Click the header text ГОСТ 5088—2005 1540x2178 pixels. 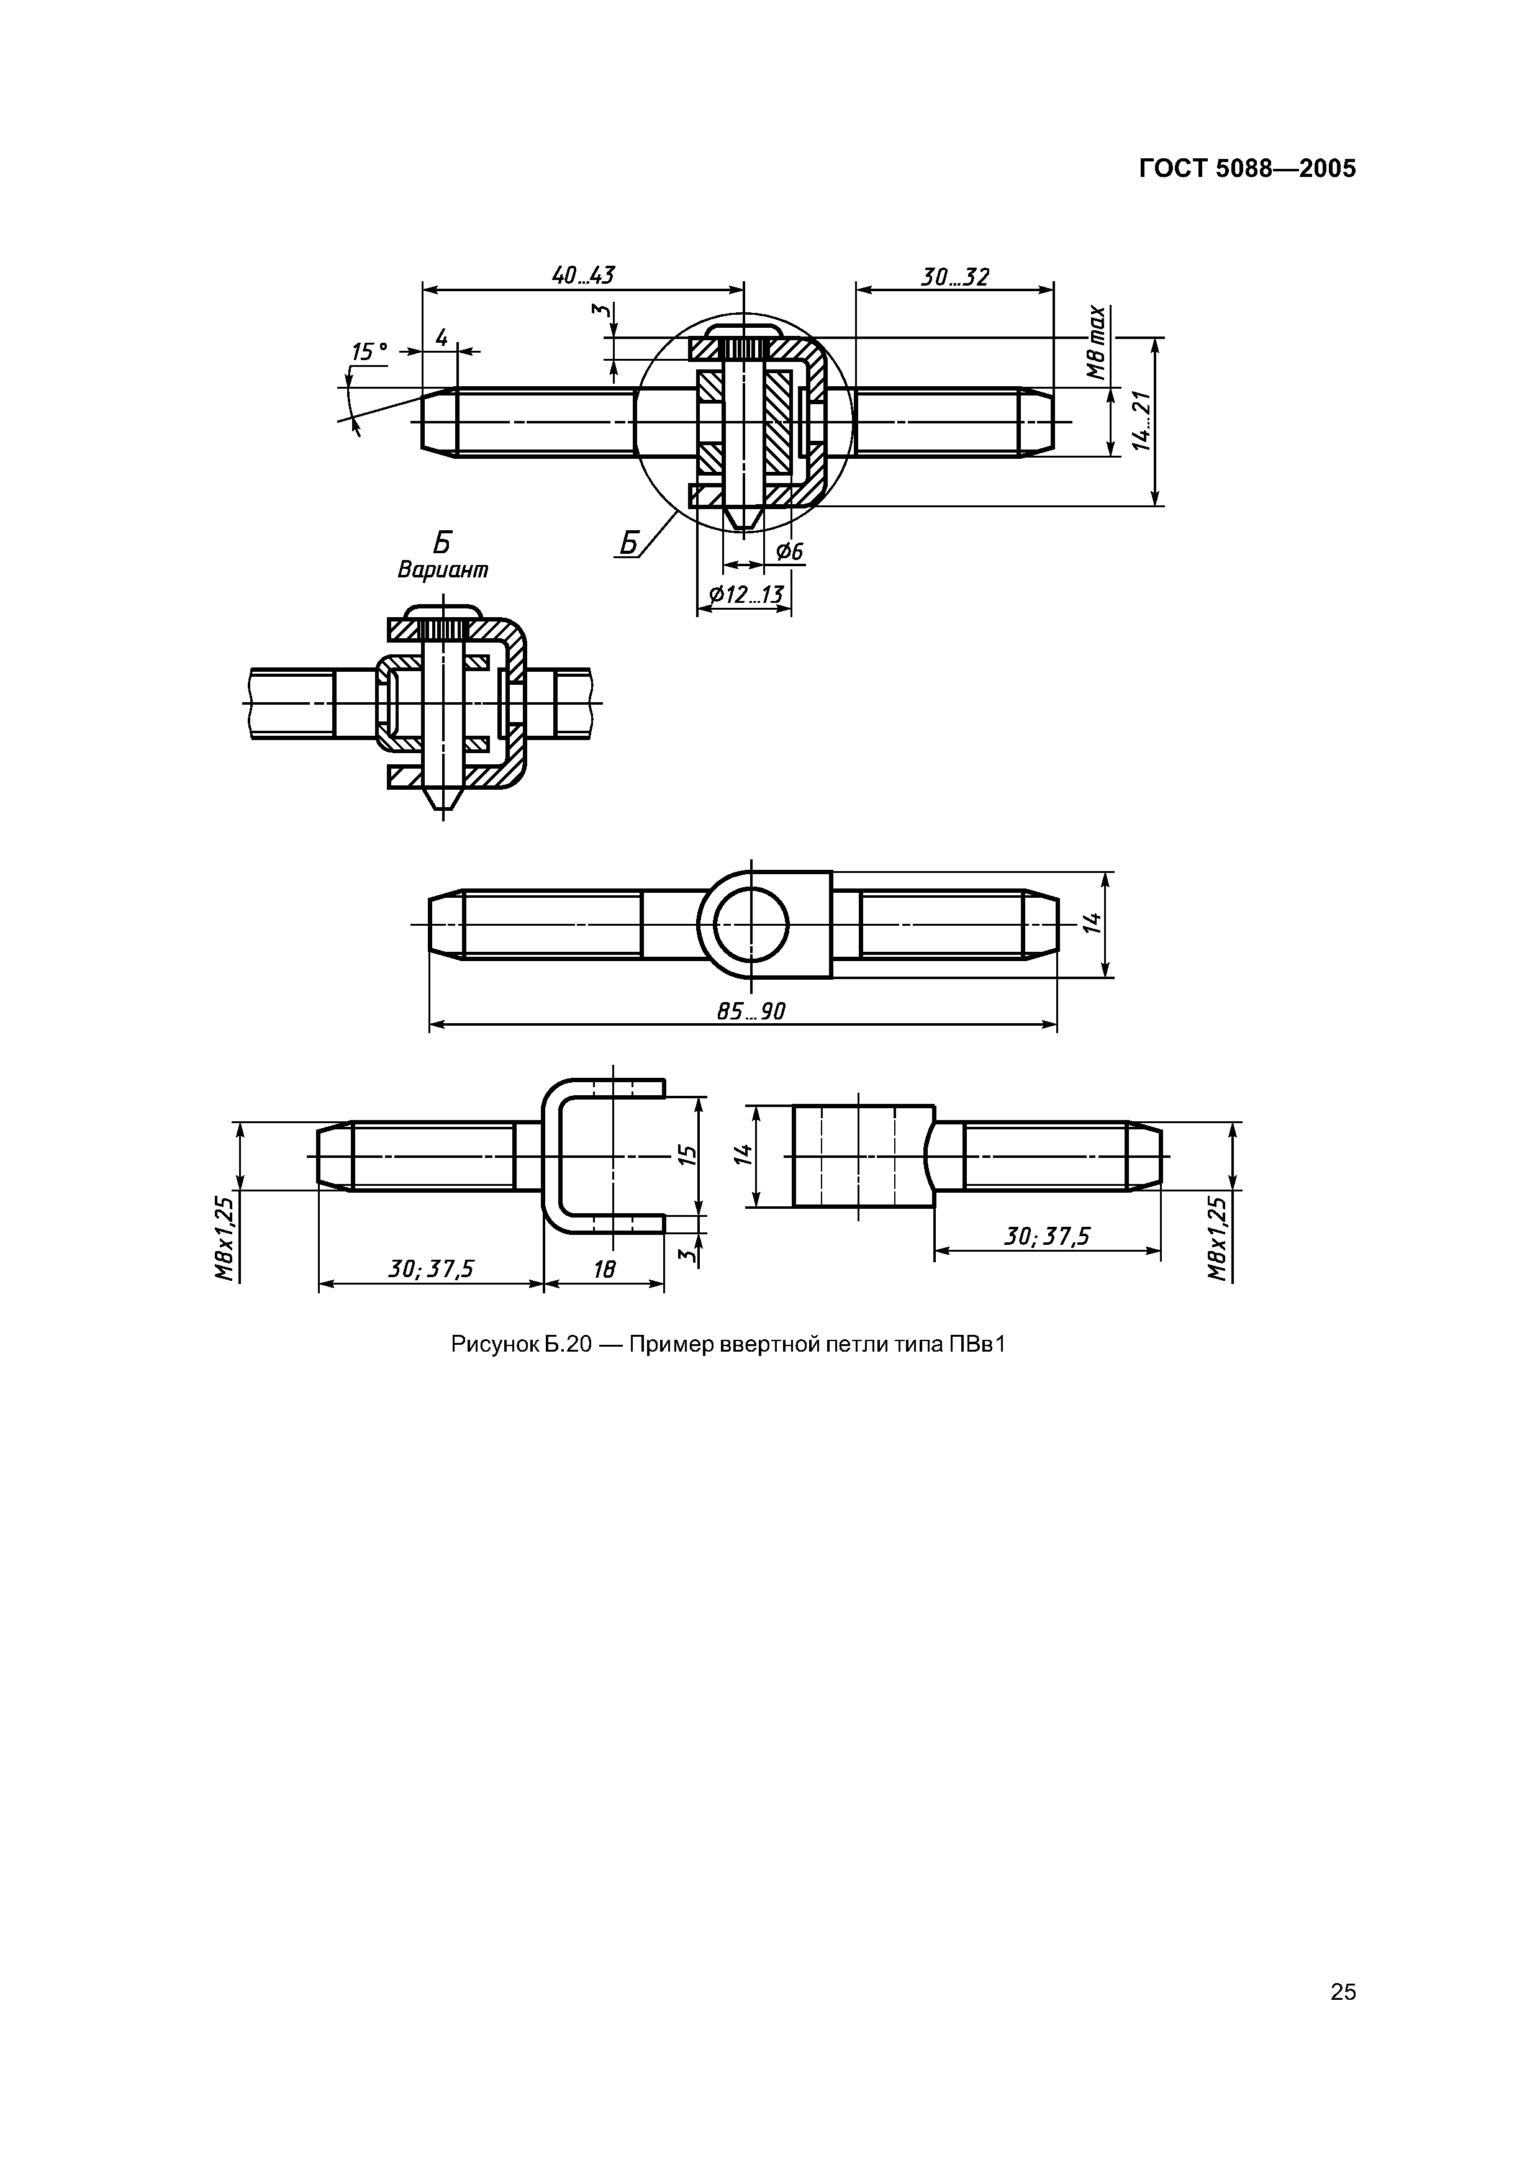coord(1247,169)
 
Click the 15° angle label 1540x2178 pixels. coord(370,352)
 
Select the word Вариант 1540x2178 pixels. coord(443,570)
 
